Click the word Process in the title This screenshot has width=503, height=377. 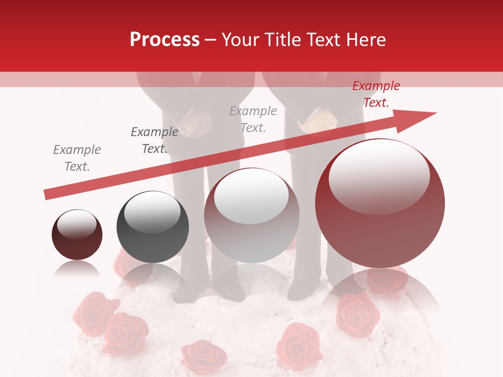click(165, 40)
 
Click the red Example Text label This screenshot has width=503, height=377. click(376, 94)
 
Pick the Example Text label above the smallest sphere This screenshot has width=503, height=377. click(77, 158)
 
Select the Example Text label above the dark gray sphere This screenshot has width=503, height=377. click(155, 140)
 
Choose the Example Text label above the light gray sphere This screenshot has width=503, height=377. click(253, 119)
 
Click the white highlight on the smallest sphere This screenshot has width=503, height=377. click(76, 224)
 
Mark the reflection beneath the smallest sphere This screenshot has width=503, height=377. click(77, 270)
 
